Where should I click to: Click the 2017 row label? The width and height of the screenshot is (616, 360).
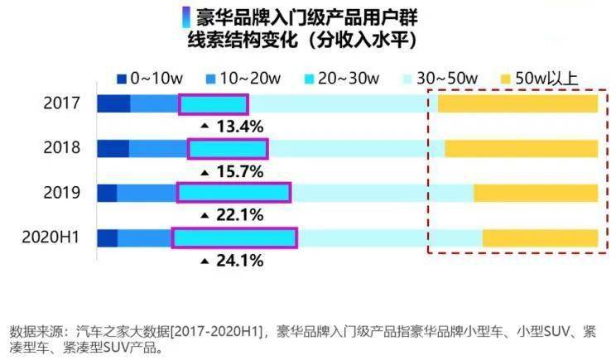pos(62,104)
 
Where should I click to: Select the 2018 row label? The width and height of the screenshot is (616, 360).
pos(62,149)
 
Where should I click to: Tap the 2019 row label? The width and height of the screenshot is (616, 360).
pos(62,193)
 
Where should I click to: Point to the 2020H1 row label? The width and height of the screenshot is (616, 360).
pos(51,238)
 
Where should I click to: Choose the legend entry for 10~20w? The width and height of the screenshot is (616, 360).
pos(241,79)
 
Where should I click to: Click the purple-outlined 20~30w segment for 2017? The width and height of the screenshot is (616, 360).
pos(214,104)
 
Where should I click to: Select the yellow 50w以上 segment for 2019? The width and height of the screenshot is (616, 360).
pos(535,193)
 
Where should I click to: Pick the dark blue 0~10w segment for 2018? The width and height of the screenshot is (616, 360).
pos(113,149)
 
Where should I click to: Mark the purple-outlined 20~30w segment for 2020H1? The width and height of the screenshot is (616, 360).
pos(234,238)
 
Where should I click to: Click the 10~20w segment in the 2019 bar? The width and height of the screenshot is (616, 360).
pos(147,193)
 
